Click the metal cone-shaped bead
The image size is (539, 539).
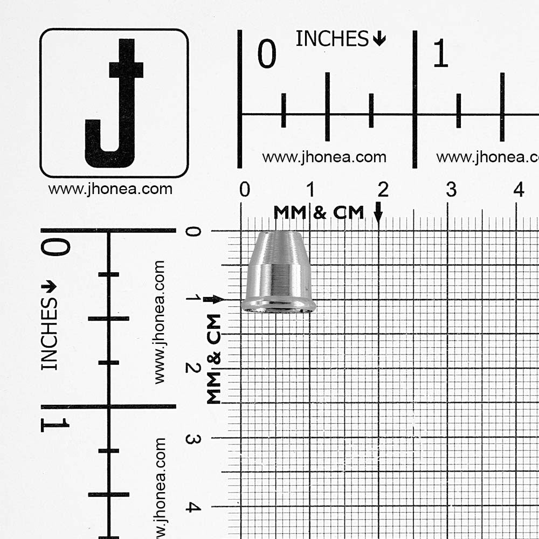(279, 272)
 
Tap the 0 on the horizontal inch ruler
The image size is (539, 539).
(267, 53)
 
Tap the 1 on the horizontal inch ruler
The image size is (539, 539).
(441, 53)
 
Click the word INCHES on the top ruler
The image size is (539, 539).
(332, 38)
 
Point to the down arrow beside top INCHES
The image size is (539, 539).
(379, 38)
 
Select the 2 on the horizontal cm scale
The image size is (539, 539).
(383, 189)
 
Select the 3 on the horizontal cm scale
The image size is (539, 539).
(451, 189)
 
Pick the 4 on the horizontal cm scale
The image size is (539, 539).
(519, 189)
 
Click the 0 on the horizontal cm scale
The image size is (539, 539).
(245, 189)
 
